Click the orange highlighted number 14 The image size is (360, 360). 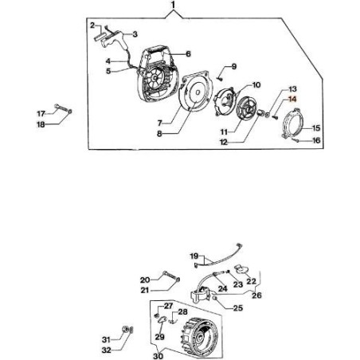[x=292, y=100]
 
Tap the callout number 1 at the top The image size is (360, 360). [x=174, y=5]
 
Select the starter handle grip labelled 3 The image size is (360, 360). [x=115, y=39]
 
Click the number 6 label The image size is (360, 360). [x=188, y=54]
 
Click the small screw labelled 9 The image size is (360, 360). [x=219, y=78]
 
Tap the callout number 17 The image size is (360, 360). [x=41, y=114]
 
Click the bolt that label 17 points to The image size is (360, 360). [x=61, y=108]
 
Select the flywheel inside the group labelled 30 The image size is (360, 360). [x=199, y=335]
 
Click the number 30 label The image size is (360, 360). [x=158, y=356]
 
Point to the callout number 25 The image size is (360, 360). [x=238, y=308]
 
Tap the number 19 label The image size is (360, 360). [x=194, y=256]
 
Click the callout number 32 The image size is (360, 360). [x=107, y=350]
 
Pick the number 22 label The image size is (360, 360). [x=251, y=281]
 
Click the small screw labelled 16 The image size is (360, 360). [x=295, y=139]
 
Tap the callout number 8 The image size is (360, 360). [x=159, y=134]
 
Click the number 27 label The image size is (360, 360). [x=168, y=306]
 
